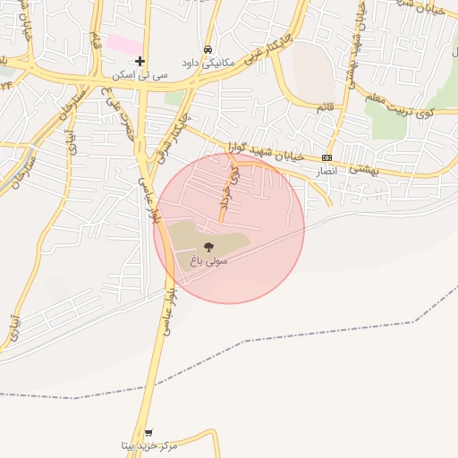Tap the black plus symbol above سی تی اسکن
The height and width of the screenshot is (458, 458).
pyautogui.click(x=139, y=61)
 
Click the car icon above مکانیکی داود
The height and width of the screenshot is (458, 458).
pyautogui.click(x=208, y=49)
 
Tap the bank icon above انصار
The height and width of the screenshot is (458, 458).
pyautogui.click(x=327, y=157)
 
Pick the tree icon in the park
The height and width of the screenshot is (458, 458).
pyautogui.click(x=209, y=246)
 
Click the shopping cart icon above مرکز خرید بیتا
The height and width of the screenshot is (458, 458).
pyautogui.click(x=148, y=432)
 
